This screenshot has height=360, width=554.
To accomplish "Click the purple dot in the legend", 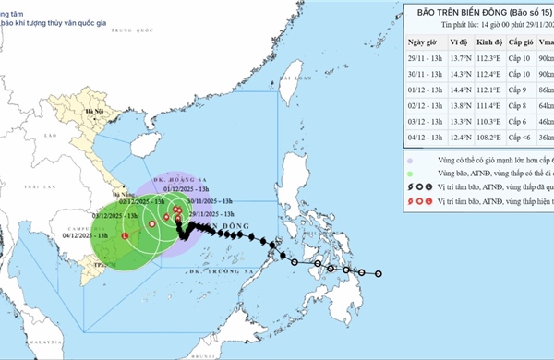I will (x=410, y=156).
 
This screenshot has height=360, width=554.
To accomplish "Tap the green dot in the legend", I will (x=410, y=171).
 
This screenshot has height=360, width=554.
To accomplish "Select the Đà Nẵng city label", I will (x=117, y=196).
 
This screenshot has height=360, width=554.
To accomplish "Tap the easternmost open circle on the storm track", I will (x=379, y=272).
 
